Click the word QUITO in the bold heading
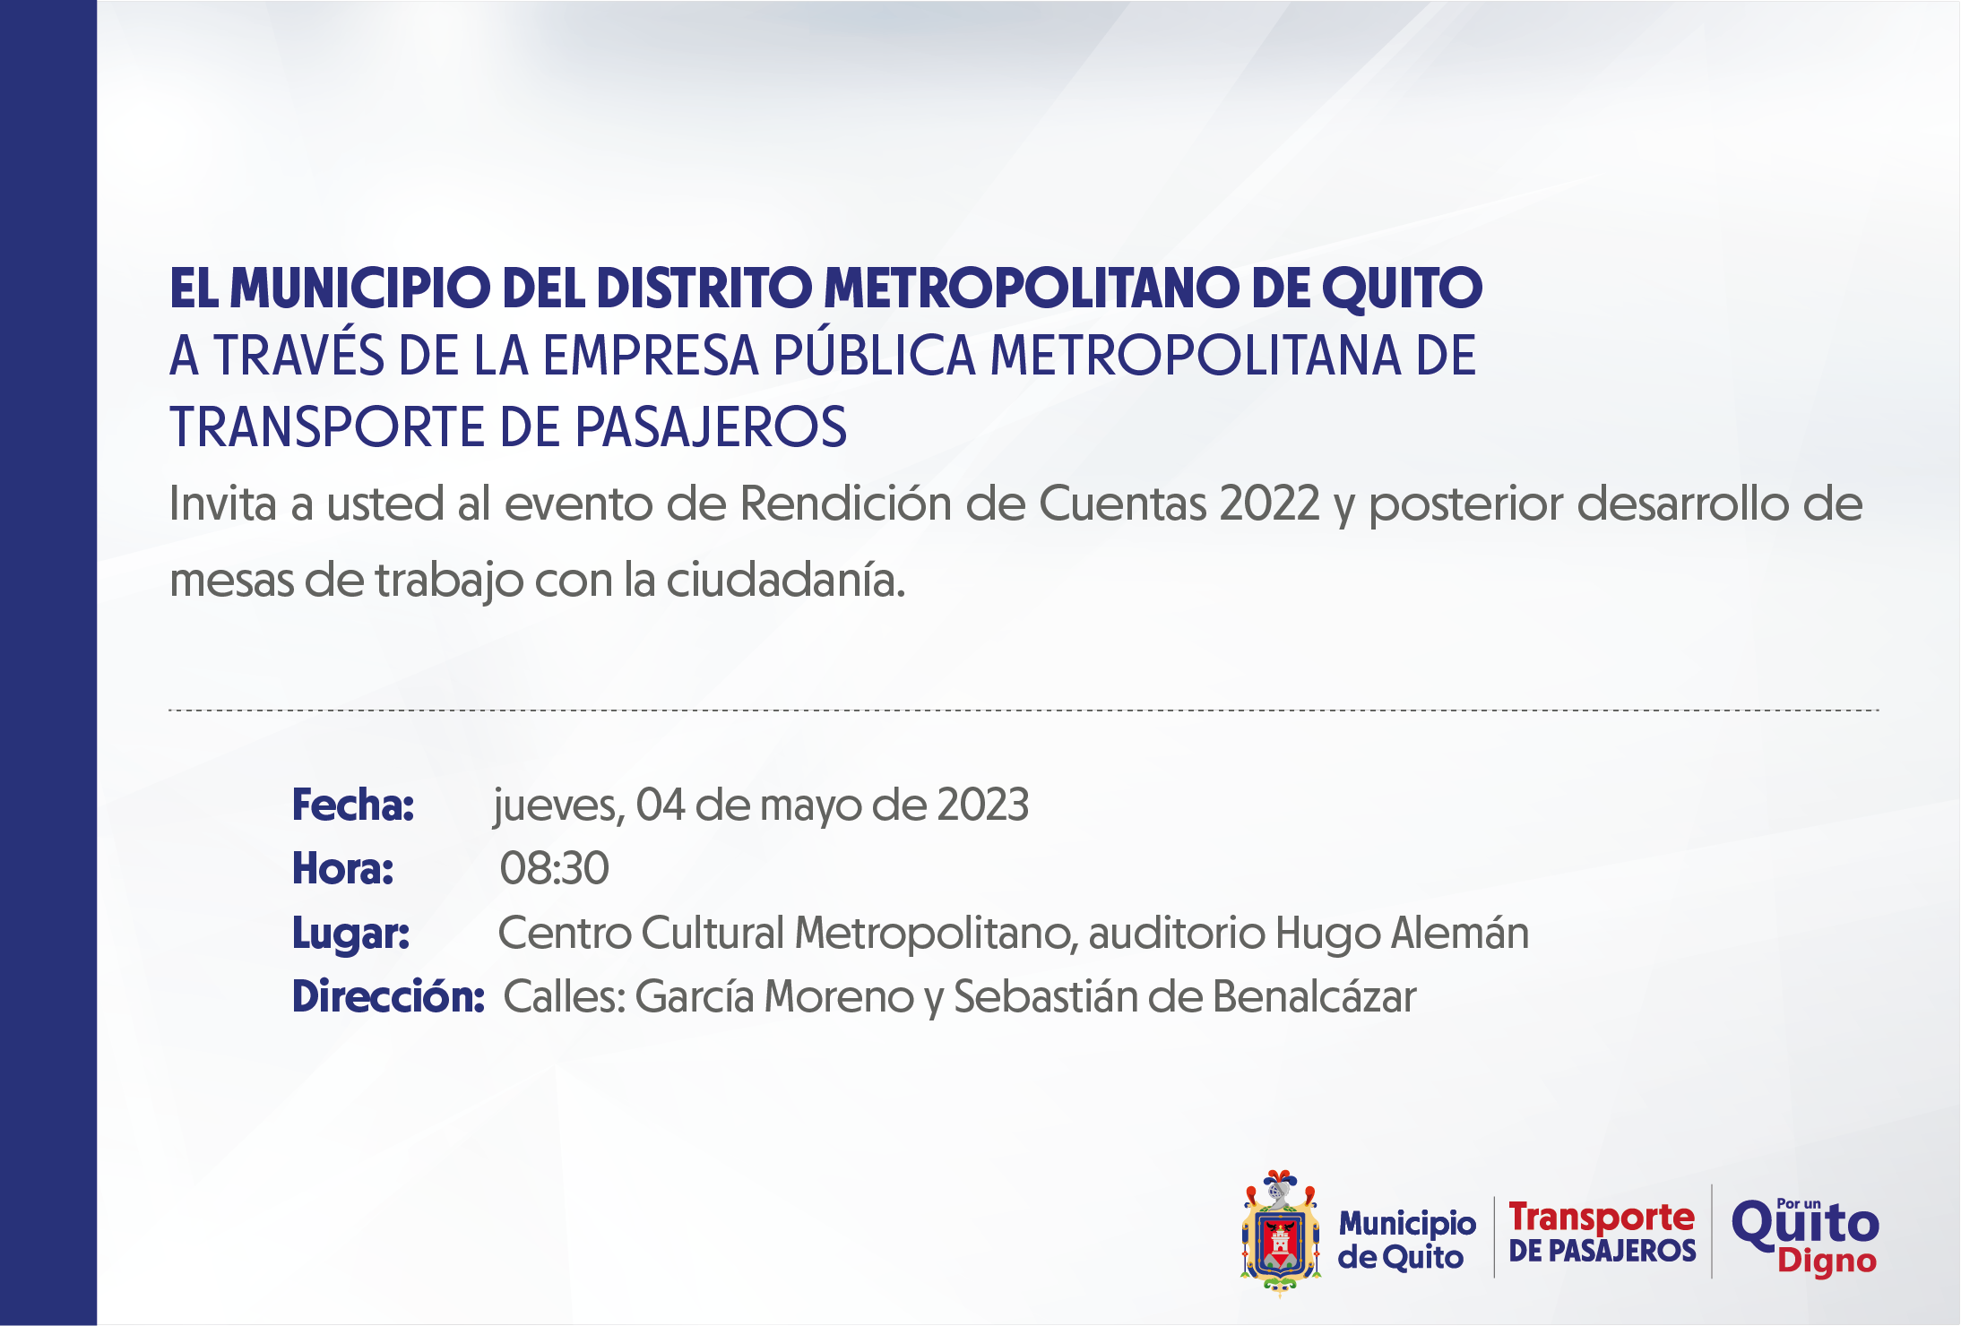(x=1402, y=288)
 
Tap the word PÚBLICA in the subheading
(x=874, y=356)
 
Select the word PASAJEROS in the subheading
(x=711, y=426)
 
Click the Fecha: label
(x=353, y=805)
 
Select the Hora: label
(x=343, y=868)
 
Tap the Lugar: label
(x=351, y=934)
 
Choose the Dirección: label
(x=388, y=996)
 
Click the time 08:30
(x=555, y=868)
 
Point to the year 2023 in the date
(x=982, y=805)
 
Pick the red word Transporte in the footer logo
(x=1602, y=1217)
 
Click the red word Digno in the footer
(x=1827, y=1261)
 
